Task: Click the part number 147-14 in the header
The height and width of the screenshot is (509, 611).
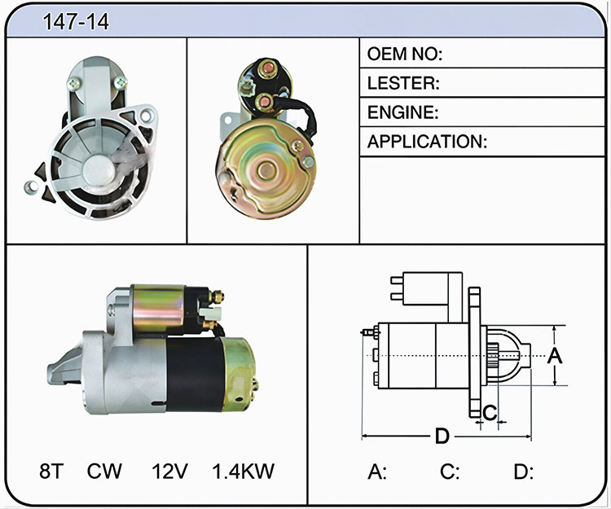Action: [x=76, y=22]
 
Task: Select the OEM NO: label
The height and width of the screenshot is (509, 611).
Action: [x=404, y=54]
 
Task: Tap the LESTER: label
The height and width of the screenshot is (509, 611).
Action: [x=403, y=83]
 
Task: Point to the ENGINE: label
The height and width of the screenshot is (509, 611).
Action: [x=403, y=112]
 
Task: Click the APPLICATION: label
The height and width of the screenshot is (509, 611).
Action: [x=427, y=142]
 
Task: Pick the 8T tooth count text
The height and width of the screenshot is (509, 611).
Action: [x=51, y=471]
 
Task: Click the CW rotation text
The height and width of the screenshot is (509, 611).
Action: [x=104, y=471]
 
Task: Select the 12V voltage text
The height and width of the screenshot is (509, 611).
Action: [x=169, y=471]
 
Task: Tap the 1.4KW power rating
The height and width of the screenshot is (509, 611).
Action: [x=243, y=471]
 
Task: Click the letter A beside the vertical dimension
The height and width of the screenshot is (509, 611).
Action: [x=555, y=356]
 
